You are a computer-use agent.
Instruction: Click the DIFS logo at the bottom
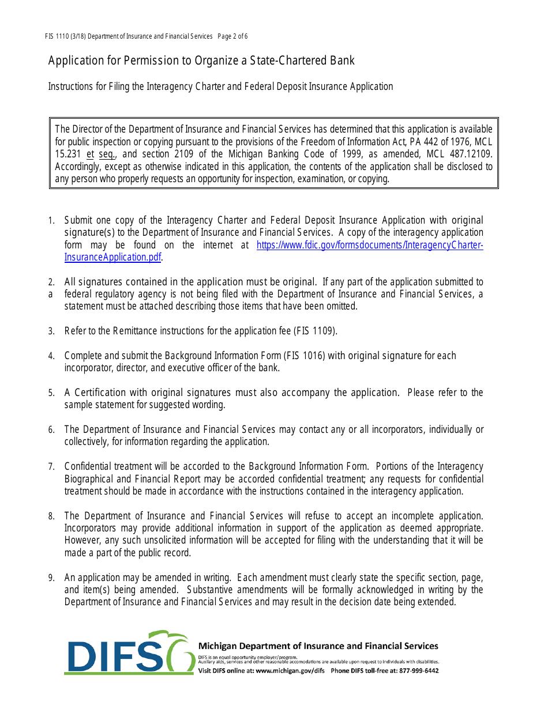[x=130, y=653]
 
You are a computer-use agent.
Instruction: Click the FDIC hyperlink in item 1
[x=369, y=245]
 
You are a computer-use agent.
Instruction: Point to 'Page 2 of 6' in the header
[x=232, y=36]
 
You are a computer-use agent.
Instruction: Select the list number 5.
[x=51, y=393]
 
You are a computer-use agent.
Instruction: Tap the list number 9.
[x=51, y=578]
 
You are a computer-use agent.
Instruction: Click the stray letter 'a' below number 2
[x=51, y=294]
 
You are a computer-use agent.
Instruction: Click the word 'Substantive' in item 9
[x=211, y=590]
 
